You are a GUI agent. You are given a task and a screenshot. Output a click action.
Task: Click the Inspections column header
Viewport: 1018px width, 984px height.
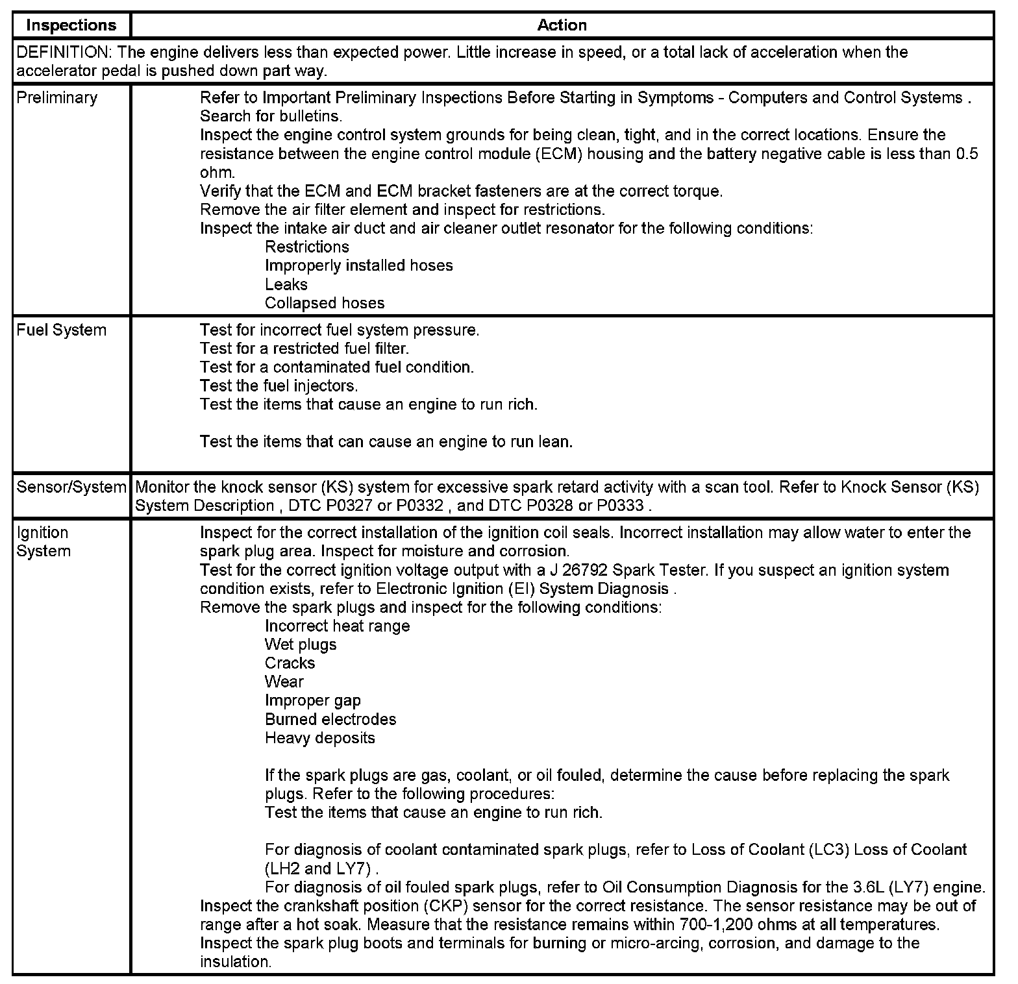(x=71, y=25)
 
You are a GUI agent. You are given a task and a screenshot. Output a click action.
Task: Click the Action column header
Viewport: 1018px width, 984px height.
(x=562, y=25)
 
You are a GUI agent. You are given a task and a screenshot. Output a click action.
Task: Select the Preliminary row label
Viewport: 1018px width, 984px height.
(x=56, y=98)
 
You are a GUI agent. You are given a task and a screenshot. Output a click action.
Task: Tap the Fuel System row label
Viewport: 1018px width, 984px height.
(x=61, y=330)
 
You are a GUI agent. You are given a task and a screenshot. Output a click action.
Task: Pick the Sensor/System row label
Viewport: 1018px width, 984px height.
(x=71, y=487)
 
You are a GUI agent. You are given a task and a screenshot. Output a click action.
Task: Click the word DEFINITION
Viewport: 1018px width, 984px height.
(x=62, y=53)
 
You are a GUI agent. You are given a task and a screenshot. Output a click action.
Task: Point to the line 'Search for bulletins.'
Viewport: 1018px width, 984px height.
(x=271, y=117)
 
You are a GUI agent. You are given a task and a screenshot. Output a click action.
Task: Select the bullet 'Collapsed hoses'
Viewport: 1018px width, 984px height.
(x=324, y=303)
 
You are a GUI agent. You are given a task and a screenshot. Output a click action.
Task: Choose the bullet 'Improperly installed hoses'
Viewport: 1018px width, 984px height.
(x=358, y=265)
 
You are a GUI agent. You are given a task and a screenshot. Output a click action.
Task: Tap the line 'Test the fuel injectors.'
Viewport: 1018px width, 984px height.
(x=279, y=386)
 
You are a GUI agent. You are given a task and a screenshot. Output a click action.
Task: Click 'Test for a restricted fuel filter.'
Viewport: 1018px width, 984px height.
(x=304, y=349)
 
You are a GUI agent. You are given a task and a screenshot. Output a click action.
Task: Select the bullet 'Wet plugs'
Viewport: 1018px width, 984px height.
(x=301, y=645)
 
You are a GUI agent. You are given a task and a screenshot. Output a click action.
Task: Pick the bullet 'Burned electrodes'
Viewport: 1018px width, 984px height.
(x=330, y=720)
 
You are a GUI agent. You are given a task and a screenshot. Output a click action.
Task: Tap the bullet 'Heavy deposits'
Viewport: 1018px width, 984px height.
(x=319, y=739)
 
